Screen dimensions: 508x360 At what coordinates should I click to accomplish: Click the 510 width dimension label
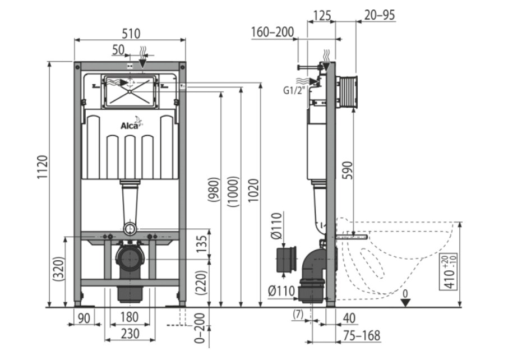[x=131, y=34]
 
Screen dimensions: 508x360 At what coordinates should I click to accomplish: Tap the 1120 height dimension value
[x=43, y=167]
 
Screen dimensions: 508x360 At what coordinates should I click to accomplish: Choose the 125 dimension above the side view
[x=322, y=15]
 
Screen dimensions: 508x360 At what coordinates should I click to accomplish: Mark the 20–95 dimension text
[x=380, y=15]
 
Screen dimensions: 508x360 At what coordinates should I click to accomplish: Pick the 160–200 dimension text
[x=273, y=32]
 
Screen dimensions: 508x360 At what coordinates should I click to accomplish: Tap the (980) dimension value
[x=214, y=190]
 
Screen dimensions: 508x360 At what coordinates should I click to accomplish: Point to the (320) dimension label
[x=59, y=269]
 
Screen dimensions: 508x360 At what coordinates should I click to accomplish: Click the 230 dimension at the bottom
[x=130, y=334]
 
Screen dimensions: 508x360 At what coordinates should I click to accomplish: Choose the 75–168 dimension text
[x=362, y=336]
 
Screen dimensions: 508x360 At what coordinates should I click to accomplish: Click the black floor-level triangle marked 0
[x=405, y=302]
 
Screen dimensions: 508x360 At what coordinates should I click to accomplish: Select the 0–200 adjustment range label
[x=200, y=328]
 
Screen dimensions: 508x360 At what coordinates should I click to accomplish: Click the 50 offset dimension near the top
[x=118, y=49]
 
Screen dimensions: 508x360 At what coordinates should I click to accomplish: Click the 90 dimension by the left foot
[x=84, y=318]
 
